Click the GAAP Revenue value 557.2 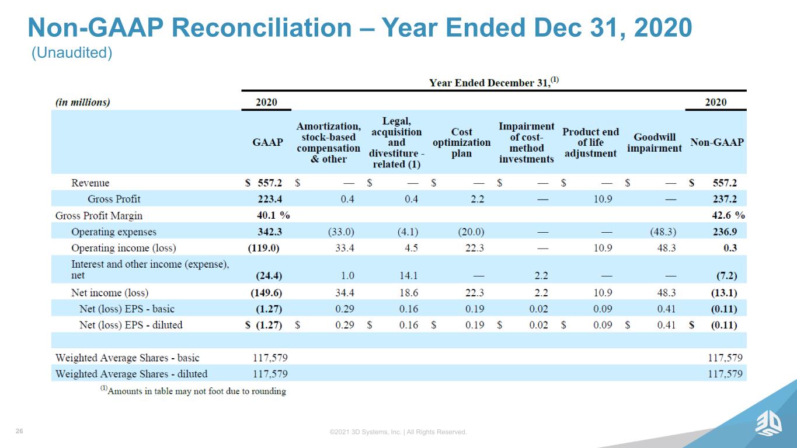270,183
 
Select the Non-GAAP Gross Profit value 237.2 725,199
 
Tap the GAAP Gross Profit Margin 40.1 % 273,215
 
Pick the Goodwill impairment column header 655,142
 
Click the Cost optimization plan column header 461,142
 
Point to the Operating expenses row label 114,232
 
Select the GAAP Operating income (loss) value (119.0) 264,248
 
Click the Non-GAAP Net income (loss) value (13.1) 724,293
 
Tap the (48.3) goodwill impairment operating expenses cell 663,232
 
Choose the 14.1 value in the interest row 408,275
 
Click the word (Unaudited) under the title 72,52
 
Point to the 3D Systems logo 768,423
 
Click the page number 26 19,431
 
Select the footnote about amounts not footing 193,391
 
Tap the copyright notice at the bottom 398,432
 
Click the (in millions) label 82,103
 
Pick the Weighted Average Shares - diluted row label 131,374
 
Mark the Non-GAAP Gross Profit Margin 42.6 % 728,215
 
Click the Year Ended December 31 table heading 494,82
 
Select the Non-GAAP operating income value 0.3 730,248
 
